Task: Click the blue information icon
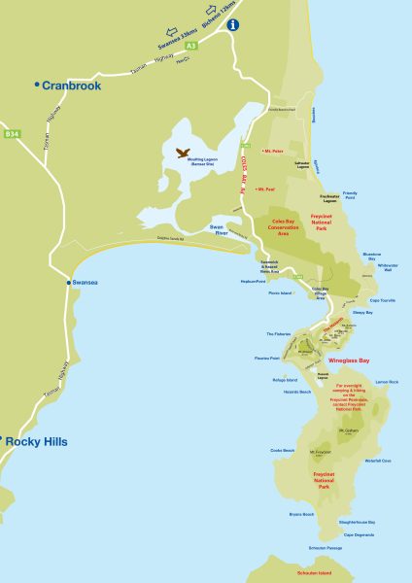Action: click(x=233, y=26)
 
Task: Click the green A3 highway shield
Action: click(x=191, y=45)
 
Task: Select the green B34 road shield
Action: click(x=12, y=132)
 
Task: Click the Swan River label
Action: click(x=224, y=229)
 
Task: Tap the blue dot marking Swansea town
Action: click(x=67, y=283)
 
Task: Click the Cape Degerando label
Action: click(x=360, y=534)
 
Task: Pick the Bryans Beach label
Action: click(x=301, y=514)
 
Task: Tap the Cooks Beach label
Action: click(x=282, y=451)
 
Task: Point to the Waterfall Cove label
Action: click(x=378, y=461)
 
